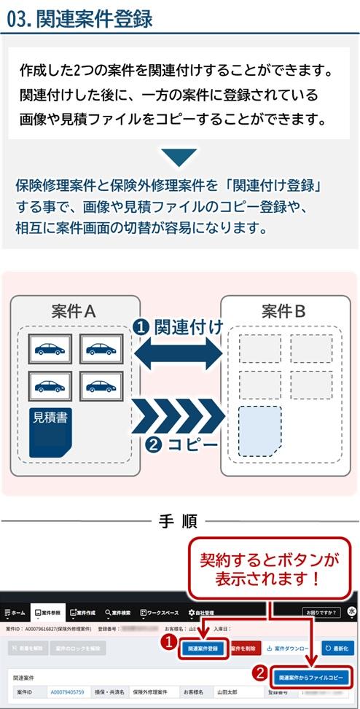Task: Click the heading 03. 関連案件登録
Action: coord(80,18)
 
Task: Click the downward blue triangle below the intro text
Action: coord(179,157)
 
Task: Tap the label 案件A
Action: coord(74,312)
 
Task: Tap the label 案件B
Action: coord(284,312)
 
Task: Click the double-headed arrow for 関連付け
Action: coord(179,355)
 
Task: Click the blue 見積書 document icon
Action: coord(54,433)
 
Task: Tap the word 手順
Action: coord(179,521)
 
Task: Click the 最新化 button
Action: coord(337,647)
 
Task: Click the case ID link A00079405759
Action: coord(67,692)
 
